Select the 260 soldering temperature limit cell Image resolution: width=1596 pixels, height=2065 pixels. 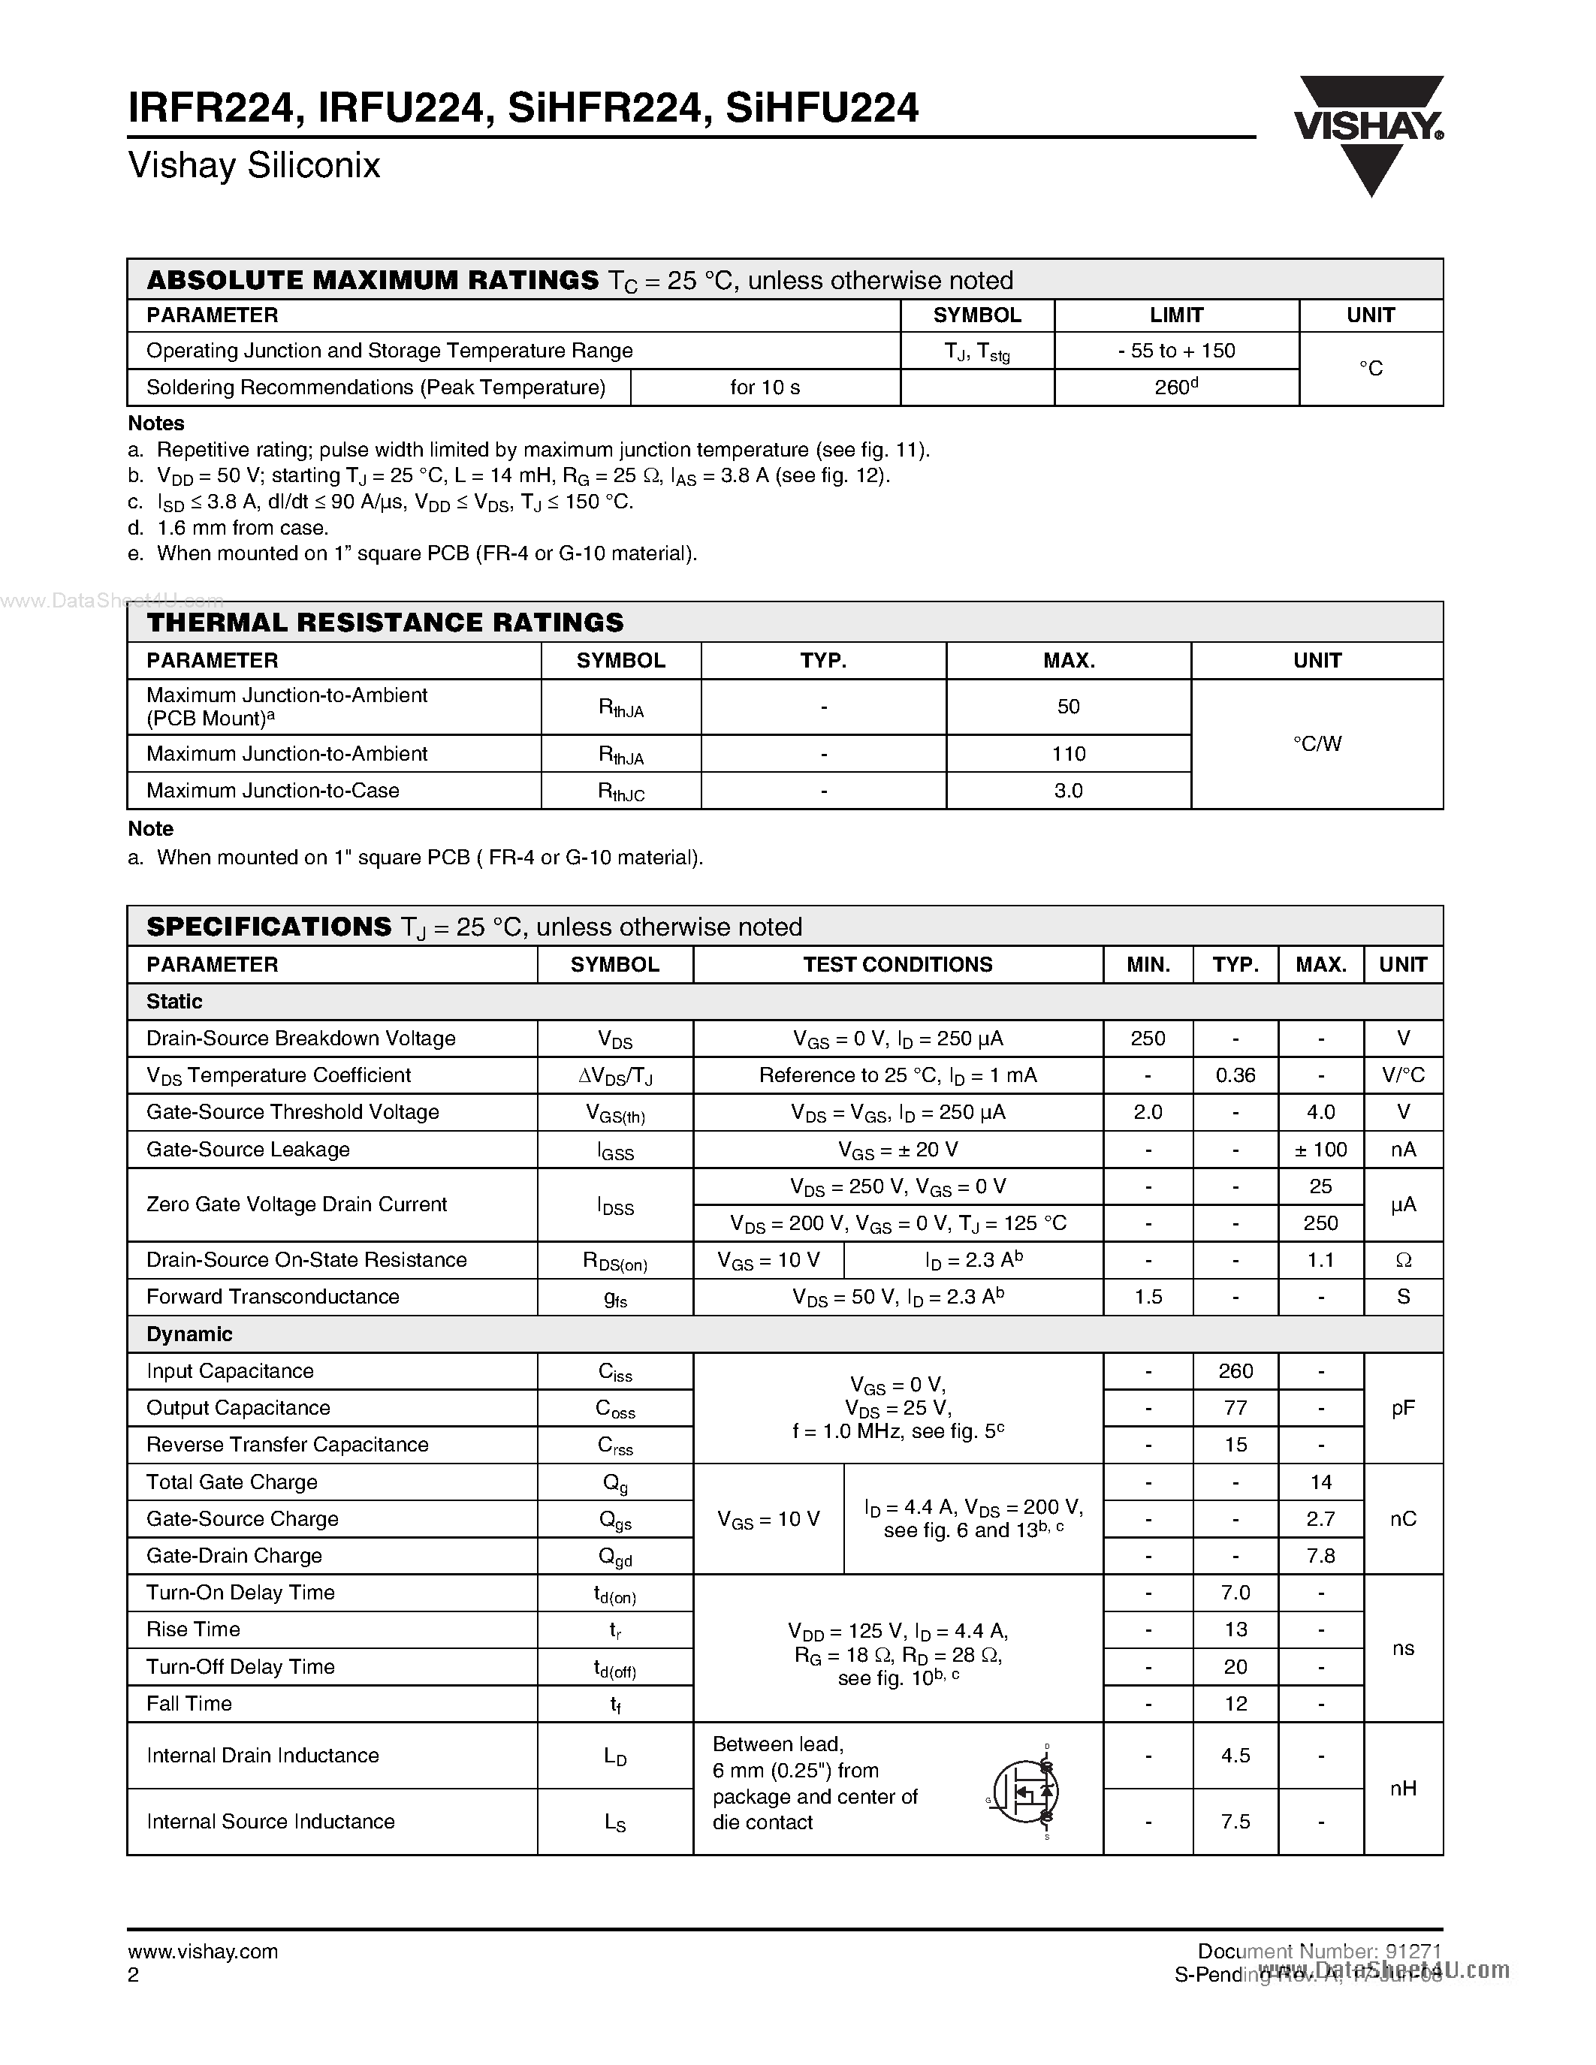(1175, 387)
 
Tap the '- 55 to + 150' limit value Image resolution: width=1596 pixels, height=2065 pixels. (1176, 351)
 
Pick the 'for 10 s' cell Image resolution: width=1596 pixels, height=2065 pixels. (765, 387)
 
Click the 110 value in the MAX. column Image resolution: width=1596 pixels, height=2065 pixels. (1069, 754)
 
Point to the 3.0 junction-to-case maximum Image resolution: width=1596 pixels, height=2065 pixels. (1069, 791)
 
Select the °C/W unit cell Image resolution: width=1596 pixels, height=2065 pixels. (1317, 744)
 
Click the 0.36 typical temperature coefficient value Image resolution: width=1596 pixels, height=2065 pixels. (1235, 1075)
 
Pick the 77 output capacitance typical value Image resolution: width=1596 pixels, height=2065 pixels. (1235, 1408)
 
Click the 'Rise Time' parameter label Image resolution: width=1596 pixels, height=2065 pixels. (193, 1629)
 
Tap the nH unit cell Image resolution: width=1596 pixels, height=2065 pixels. (1403, 1788)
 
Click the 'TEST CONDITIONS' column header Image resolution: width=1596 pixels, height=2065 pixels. (898, 964)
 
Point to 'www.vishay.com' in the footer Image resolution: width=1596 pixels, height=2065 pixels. (202, 1952)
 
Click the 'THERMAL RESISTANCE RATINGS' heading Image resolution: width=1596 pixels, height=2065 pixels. (386, 623)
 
